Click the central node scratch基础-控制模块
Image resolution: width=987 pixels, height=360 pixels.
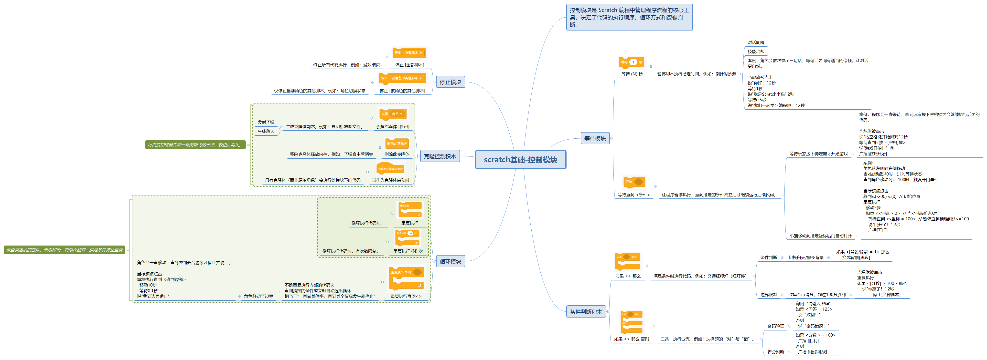pyautogui.click(x=520, y=160)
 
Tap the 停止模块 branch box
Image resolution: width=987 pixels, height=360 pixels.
pyautogui.click(x=450, y=82)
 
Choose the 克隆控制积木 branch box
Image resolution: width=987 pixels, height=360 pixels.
pyautogui.click(x=440, y=156)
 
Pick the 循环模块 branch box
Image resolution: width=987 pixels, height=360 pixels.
pyautogui.click(x=450, y=262)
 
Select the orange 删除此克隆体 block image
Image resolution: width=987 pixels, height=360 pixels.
pyautogui.click(x=397, y=144)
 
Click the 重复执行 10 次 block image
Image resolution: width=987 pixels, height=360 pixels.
pyautogui.click(x=407, y=237)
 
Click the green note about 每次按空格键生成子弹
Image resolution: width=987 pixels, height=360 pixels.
pyautogui.click(x=195, y=145)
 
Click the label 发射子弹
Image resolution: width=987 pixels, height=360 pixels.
pyautogui.click(x=266, y=123)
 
